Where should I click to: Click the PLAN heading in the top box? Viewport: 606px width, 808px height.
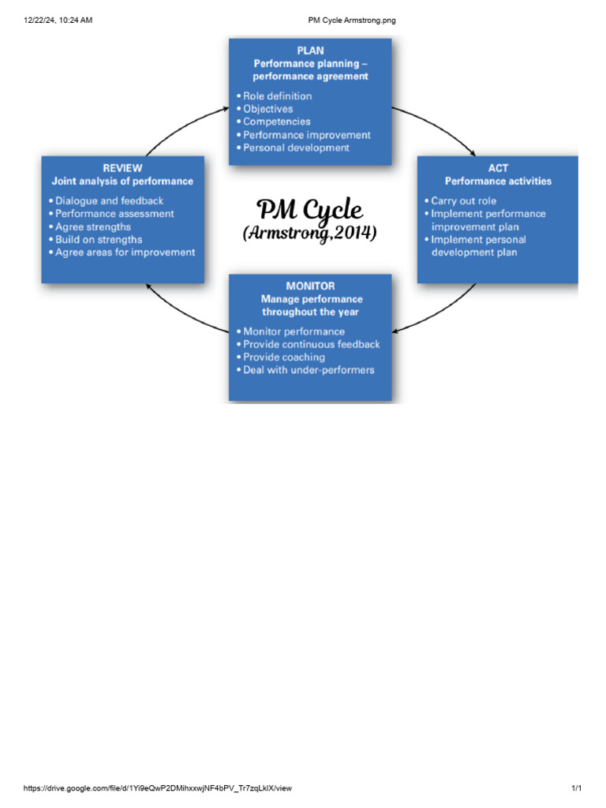(310, 50)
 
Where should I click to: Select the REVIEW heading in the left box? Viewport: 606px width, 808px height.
(122, 167)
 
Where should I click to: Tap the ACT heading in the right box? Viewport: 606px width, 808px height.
(498, 167)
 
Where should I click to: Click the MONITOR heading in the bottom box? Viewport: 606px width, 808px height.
(310, 286)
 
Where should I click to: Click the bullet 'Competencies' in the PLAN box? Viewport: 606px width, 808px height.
(276, 122)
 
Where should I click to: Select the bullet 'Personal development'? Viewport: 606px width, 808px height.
(296, 148)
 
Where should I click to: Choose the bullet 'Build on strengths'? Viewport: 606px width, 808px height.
(99, 239)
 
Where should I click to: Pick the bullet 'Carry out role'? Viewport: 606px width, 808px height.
(463, 200)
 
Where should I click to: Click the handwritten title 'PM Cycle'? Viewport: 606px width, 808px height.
(310, 210)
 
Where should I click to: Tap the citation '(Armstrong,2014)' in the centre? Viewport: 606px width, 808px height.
(310, 234)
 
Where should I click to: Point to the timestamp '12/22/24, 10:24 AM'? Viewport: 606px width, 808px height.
(58, 20)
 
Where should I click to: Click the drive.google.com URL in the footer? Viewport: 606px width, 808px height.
(158, 788)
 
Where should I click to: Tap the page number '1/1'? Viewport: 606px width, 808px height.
(576, 788)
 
